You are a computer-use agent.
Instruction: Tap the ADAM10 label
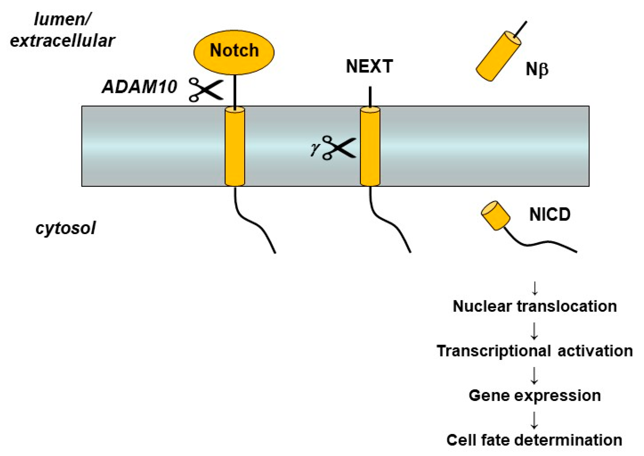click(x=140, y=86)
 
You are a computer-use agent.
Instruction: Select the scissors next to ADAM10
click(x=206, y=89)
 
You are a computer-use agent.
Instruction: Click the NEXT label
click(x=369, y=67)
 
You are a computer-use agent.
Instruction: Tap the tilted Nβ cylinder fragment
click(x=498, y=56)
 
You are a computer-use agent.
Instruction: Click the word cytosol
click(x=65, y=228)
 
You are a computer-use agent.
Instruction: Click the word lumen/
click(x=62, y=20)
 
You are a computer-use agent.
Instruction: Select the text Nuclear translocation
click(x=535, y=306)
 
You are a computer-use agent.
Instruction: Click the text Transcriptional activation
click(x=535, y=351)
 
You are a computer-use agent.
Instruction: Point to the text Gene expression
click(x=535, y=396)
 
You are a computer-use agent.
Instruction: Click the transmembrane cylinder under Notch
click(x=235, y=146)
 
